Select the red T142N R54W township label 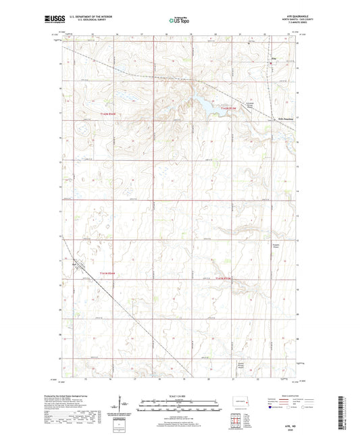pos(107,113)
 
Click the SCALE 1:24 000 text pos(179,396)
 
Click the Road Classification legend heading pos(284,395)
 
